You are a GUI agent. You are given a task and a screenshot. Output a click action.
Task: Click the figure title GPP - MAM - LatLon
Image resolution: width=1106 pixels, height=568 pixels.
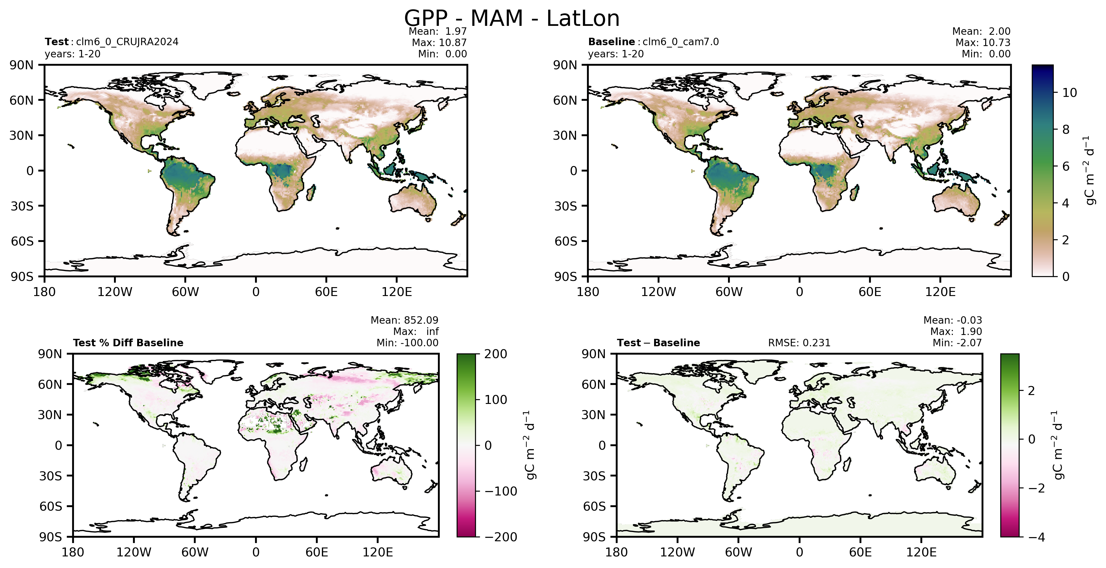pos(512,18)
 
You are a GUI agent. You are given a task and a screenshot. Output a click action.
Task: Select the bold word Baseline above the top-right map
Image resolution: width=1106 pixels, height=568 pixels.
pos(611,42)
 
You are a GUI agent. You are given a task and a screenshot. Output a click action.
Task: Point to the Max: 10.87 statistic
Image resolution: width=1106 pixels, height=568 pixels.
pos(439,43)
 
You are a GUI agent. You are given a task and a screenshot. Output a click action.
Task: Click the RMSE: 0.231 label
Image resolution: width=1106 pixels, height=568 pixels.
pos(799,343)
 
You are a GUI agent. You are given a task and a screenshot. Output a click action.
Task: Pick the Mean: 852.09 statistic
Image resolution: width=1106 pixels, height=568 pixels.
pos(404,320)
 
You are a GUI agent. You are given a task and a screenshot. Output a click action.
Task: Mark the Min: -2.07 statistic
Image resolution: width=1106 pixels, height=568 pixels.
pos(957,343)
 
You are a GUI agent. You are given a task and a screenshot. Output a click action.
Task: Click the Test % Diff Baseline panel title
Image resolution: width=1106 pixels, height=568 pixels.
pos(128,343)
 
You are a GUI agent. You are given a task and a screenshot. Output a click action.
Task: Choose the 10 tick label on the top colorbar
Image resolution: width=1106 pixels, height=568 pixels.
pos(1069,93)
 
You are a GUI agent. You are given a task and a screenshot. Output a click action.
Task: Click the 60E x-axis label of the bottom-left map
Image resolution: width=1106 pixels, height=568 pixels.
pos(317,552)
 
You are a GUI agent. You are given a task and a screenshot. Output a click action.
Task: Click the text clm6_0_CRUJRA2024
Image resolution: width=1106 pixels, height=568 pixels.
pos(127,42)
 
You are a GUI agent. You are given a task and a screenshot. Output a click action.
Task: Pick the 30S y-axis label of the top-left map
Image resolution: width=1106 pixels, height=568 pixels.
pos(22,206)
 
